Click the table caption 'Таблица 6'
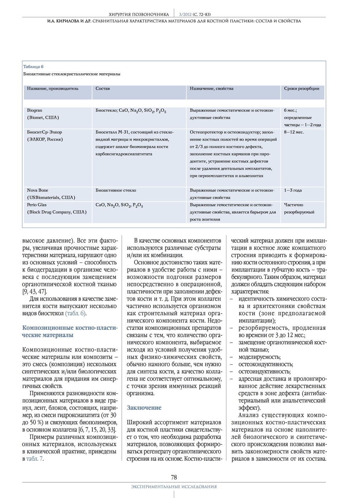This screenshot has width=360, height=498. click(x=33, y=67)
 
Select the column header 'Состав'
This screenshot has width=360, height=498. click(x=103, y=89)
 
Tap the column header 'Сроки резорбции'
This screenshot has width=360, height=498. click(x=301, y=89)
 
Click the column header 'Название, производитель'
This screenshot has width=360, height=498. click(x=53, y=89)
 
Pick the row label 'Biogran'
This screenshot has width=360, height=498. click(x=34, y=110)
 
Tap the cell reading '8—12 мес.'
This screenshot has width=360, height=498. click(x=294, y=132)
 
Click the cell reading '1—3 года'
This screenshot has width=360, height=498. click(x=293, y=190)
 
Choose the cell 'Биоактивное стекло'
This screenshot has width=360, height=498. click(x=116, y=190)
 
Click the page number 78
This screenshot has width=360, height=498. click(x=174, y=477)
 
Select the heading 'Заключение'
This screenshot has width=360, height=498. click(x=144, y=408)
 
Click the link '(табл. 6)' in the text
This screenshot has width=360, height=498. click(x=76, y=313)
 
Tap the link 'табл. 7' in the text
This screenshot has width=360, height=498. click(x=34, y=459)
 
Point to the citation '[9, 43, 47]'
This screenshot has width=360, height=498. click(x=34, y=292)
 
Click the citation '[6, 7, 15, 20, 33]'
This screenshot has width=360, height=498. click(x=97, y=429)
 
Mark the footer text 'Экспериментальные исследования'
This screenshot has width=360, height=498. click(x=174, y=487)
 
